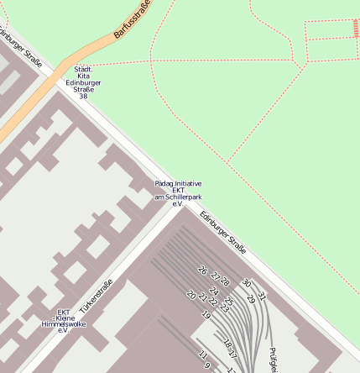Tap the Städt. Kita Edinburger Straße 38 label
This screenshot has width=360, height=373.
(83, 82)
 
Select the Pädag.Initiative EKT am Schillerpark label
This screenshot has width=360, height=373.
(178, 193)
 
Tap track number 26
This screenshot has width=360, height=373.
(201, 271)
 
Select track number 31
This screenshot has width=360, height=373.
(261, 295)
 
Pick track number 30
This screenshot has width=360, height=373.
(246, 283)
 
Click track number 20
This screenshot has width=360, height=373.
(191, 295)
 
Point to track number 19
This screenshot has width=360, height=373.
(206, 314)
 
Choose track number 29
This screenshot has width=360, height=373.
(251, 299)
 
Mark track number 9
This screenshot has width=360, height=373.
(207, 365)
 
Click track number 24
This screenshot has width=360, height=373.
(213, 291)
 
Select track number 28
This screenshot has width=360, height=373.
(225, 282)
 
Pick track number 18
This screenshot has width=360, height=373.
(225, 342)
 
